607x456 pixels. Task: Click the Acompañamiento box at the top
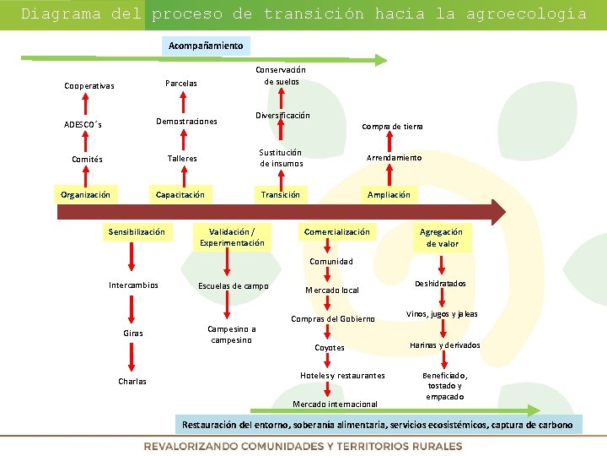[x=206, y=46]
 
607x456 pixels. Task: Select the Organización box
[x=85, y=195]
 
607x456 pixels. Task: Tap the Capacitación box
[x=180, y=195]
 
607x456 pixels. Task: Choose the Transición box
[x=280, y=195]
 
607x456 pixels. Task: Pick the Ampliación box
[x=389, y=195]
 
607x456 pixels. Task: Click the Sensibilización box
[x=137, y=231]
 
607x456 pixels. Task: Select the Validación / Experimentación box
[x=232, y=237]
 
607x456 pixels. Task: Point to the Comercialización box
[x=336, y=231]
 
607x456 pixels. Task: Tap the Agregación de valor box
[x=442, y=237]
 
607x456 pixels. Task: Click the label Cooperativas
[x=89, y=86]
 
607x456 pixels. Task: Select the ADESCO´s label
[x=83, y=125]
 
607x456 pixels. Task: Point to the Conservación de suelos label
[x=281, y=76]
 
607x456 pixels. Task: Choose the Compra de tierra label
[x=392, y=127]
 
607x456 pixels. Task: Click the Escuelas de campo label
[x=233, y=286]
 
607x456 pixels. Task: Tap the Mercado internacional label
[x=336, y=404]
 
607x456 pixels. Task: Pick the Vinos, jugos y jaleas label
[x=443, y=314]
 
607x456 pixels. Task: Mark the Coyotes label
[x=330, y=347]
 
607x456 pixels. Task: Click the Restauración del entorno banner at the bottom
[x=377, y=425]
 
